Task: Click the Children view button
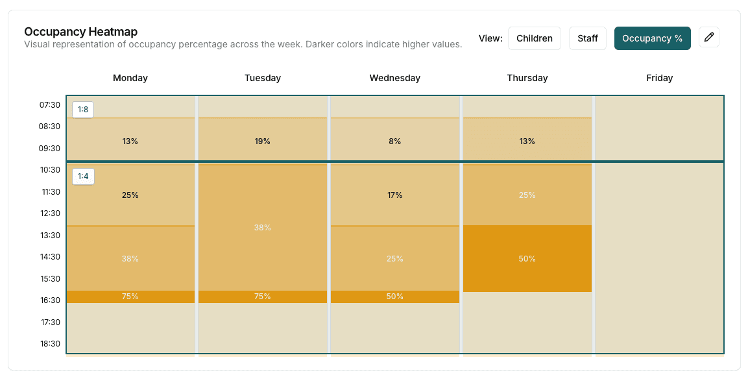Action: [x=534, y=38]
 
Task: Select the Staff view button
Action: [x=587, y=38]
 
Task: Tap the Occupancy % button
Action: [x=652, y=38]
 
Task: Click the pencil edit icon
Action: [x=709, y=38]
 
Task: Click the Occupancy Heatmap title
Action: [x=80, y=32]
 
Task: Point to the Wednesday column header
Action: [x=394, y=78]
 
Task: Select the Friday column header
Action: [x=659, y=78]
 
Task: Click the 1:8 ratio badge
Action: [x=83, y=110]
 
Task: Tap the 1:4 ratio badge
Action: [x=83, y=176]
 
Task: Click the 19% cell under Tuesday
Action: [x=263, y=141]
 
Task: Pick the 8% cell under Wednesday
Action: [x=394, y=141]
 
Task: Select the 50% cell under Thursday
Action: [x=527, y=258]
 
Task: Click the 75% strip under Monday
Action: [x=130, y=297]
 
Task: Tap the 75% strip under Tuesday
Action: [x=263, y=297]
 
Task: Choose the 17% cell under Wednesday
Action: [x=394, y=195]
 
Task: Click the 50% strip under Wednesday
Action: [x=394, y=297]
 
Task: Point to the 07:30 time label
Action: [x=50, y=105]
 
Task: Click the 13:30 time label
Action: [x=50, y=235]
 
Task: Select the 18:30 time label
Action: [x=50, y=343]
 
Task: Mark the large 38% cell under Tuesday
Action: [x=263, y=228]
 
